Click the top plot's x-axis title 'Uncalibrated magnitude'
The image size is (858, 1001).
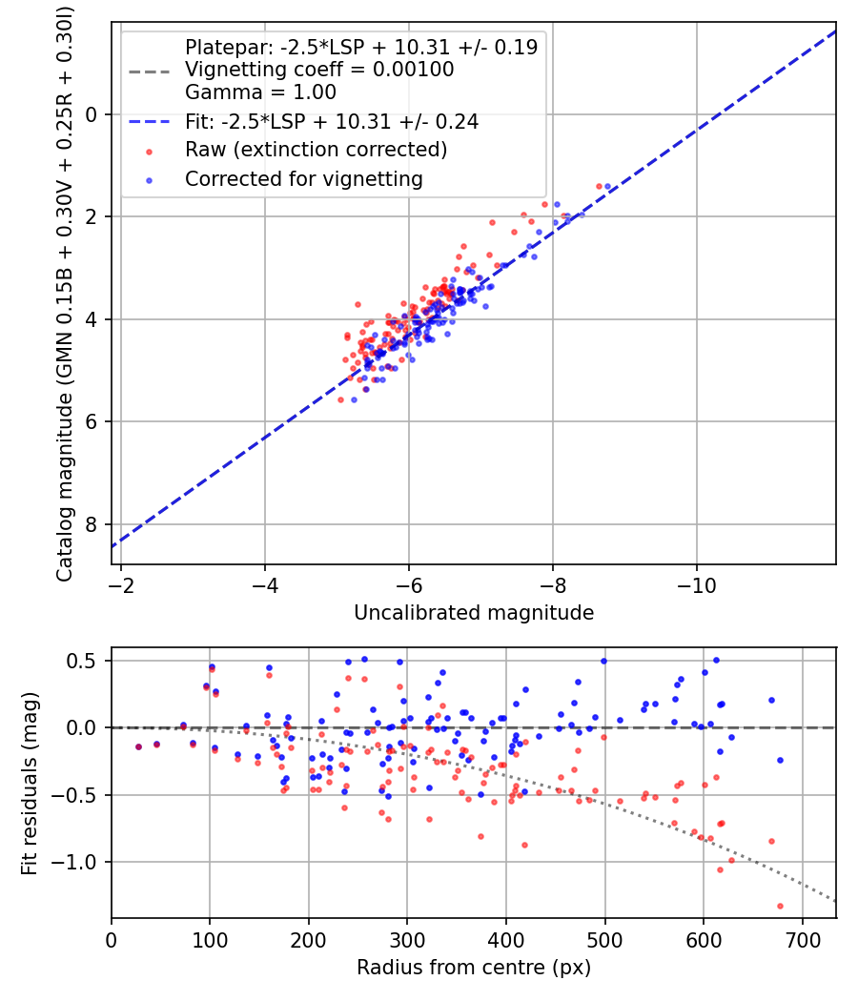pos(474,613)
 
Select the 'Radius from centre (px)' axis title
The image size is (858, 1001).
pos(474,968)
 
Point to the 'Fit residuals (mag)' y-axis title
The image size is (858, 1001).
pos(30,782)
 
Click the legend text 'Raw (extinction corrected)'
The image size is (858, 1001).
pos(316,150)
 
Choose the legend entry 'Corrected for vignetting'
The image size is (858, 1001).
pos(303,178)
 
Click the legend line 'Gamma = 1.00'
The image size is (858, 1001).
pos(260,92)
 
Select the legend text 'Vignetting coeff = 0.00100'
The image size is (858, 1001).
pos(319,70)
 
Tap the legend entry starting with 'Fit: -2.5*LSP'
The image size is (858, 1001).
pos(332,121)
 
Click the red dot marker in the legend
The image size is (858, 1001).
pos(149,151)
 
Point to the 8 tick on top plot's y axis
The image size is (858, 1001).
pos(92,524)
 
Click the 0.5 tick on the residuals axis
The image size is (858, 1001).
pos(87,661)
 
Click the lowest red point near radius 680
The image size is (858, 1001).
pos(780,906)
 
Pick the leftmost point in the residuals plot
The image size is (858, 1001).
pos(138,746)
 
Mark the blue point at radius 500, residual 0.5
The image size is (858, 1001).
pos(603,661)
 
